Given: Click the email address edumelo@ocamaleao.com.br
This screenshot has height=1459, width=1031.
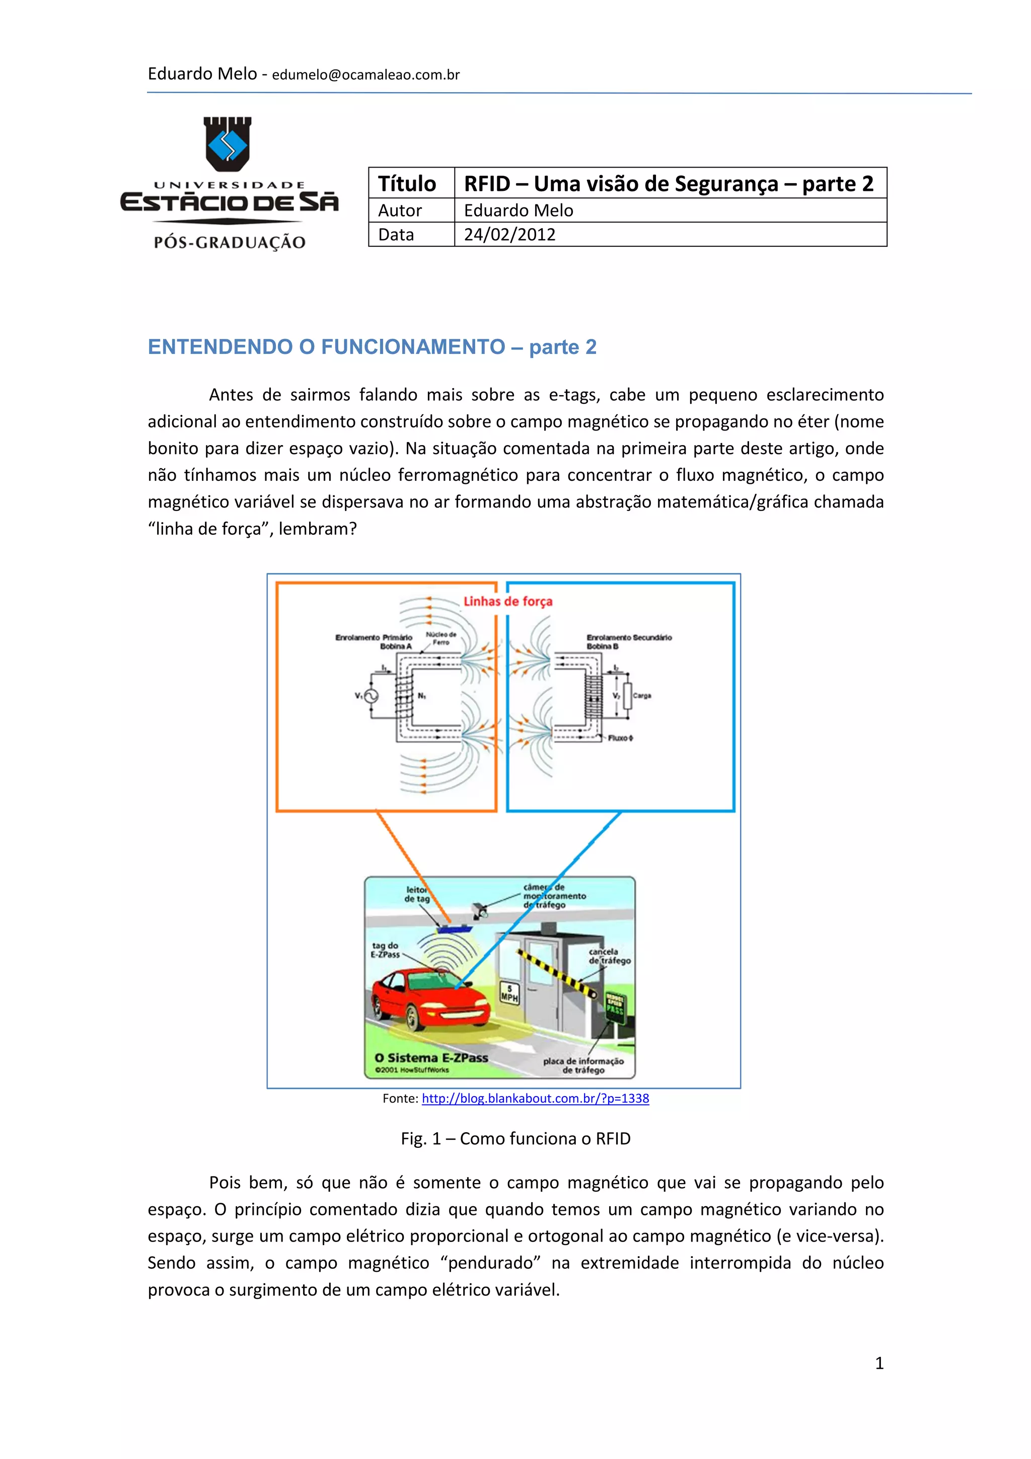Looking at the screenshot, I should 365,75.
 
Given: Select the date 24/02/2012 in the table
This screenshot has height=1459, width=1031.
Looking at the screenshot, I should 509,235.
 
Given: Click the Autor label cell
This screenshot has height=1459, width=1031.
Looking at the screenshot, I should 400,210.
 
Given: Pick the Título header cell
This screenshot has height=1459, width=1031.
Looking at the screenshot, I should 407,184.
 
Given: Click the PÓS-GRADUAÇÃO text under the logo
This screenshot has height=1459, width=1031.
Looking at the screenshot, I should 230,242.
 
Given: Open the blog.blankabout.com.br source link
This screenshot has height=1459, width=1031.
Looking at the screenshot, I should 535,1098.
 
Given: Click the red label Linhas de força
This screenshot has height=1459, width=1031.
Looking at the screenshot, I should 507,601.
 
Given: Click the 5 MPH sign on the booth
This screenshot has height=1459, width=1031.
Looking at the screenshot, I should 509,993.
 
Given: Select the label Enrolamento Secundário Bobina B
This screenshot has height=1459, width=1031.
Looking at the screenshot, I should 628,641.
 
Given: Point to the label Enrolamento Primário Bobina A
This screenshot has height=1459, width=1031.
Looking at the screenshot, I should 374,641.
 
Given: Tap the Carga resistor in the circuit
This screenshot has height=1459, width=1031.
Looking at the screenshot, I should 628,696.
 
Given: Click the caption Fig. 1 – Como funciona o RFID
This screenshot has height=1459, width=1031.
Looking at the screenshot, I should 515,1139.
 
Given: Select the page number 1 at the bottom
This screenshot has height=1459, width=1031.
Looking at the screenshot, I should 879,1362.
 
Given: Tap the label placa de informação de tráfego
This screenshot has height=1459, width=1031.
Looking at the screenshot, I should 583,1066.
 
